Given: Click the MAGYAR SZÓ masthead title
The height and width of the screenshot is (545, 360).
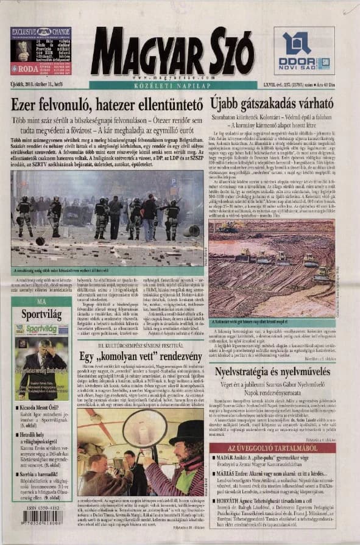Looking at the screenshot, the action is point(172,51).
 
